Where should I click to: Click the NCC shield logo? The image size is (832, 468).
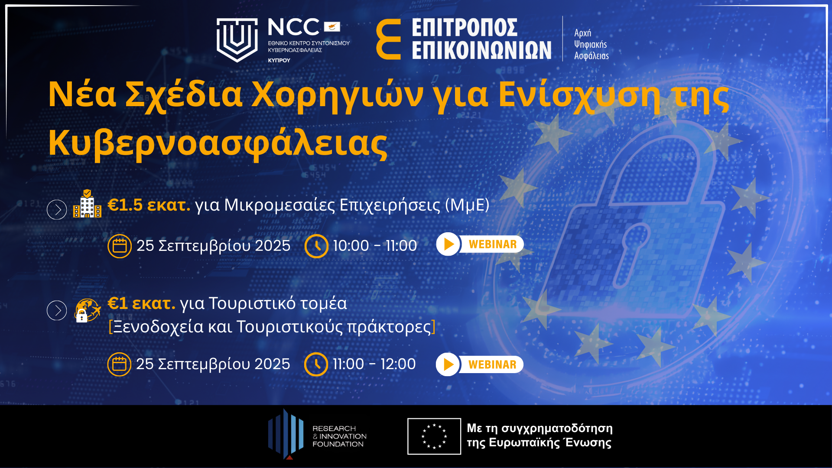point(237,40)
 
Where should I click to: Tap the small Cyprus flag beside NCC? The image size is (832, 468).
point(332,27)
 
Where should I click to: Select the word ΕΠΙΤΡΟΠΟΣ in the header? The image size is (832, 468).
point(465,27)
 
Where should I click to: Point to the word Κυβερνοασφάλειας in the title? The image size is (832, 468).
point(218,143)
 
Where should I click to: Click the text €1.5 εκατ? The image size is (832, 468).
point(149,205)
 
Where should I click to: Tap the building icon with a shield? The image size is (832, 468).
point(87,203)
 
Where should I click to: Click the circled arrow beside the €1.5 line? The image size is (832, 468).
point(57,210)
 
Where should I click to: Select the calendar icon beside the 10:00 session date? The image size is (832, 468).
point(120,246)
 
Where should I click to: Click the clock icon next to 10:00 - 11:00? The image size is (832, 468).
point(316,246)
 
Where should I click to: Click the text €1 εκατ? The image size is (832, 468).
point(141,303)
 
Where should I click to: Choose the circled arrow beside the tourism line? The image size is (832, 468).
point(57,310)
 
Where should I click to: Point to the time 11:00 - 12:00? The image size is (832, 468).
point(374,364)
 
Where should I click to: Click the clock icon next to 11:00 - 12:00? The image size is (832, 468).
point(316,364)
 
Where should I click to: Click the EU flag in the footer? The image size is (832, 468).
point(434,436)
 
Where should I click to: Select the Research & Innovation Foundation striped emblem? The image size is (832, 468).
point(286,434)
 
